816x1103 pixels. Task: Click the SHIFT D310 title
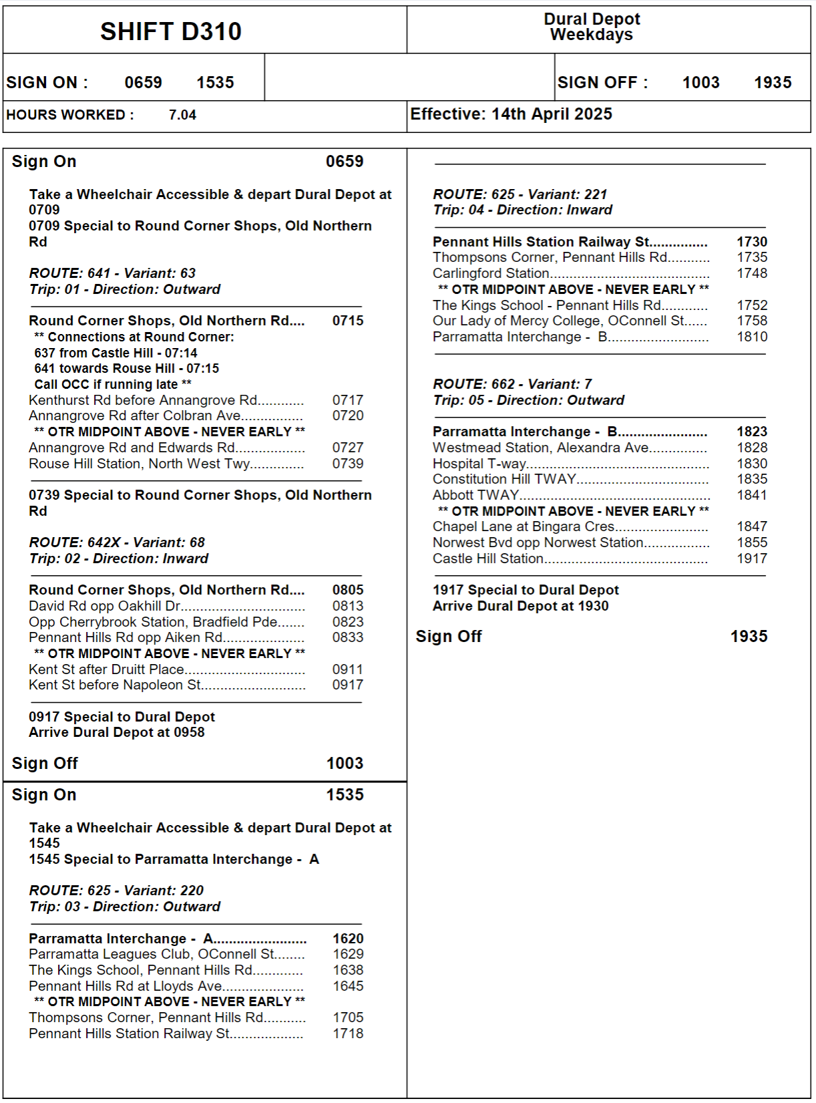(171, 31)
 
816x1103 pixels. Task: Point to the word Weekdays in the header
(591, 35)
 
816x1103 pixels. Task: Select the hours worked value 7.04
(182, 115)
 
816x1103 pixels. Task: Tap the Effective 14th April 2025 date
(511, 114)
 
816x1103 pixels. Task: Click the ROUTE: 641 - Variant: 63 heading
(112, 273)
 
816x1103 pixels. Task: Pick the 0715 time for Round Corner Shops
(348, 321)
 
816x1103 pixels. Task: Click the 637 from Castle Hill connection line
(116, 353)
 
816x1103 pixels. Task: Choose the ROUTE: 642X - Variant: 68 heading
(117, 542)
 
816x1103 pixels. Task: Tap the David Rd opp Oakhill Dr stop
(104, 606)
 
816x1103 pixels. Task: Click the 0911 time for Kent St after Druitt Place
(348, 669)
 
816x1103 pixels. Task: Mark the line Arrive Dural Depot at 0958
(117, 732)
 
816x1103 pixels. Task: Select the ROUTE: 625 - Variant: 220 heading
(116, 891)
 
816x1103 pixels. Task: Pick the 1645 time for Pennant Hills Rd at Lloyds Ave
(348, 986)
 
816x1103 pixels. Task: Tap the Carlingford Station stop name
(491, 273)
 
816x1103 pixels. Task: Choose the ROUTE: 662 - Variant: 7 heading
(512, 384)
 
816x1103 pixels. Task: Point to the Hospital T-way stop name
(479, 464)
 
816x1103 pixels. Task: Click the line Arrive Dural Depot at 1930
(520, 606)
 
